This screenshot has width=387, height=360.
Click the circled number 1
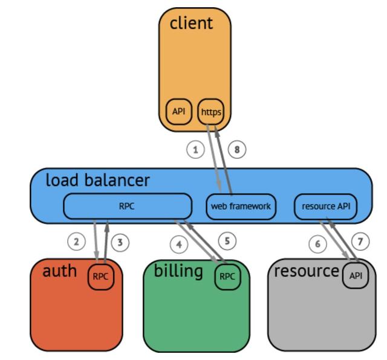point(195,149)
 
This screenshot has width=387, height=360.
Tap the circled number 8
point(237,149)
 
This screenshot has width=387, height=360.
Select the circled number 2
point(76,242)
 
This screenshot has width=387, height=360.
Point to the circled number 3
point(120,243)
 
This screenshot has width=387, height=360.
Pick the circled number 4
point(179,245)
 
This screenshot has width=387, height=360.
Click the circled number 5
point(227,241)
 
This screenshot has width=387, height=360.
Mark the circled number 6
point(317,244)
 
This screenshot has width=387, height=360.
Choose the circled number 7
point(360,242)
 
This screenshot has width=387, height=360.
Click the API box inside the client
point(179,112)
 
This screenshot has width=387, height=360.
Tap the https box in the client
point(211,112)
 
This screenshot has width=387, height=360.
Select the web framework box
point(241,207)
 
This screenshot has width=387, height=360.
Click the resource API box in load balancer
point(326,207)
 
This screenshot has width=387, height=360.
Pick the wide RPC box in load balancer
point(127,207)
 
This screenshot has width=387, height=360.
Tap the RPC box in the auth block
point(100,277)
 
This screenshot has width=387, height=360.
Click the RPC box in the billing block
point(227,277)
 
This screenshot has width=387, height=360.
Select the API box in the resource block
point(356,276)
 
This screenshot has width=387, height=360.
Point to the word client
point(191,24)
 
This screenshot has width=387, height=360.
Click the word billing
point(178,271)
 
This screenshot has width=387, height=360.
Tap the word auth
point(59,271)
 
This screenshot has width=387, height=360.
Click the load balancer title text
point(98,180)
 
